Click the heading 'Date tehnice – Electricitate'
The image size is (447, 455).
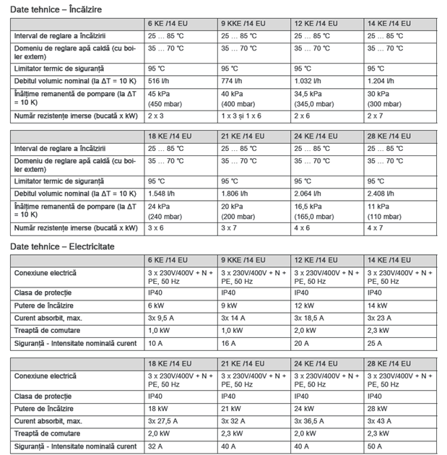pyautogui.click(x=62, y=246)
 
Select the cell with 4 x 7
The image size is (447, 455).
pyautogui.click(x=376, y=227)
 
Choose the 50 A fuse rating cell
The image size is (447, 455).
pyautogui.click(x=376, y=446)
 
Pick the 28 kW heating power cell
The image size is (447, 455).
pyautogui.click(x=378, y=408)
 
